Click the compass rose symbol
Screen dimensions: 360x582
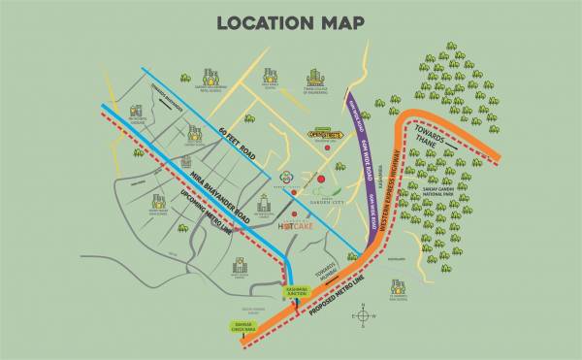[x=363, y=313]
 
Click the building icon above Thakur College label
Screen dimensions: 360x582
[x=315, y=78]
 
